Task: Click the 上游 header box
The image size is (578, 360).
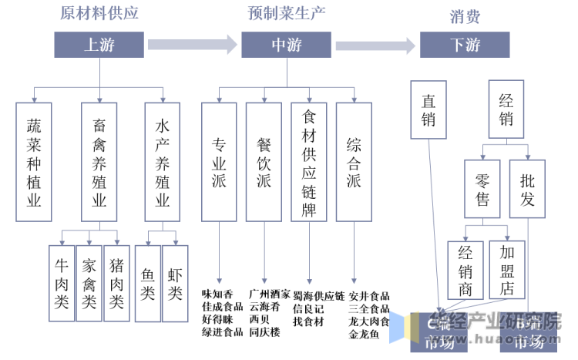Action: click(99, 45)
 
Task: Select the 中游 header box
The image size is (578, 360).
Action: click(287, 45)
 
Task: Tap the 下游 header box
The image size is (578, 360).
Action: click(465, 45)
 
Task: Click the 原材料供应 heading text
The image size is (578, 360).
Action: click(99, 14)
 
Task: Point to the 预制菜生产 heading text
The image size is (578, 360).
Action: click(287, 14)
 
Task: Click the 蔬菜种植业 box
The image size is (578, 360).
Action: click(35, 163)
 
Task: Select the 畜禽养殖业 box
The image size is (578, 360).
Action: click(99, 163)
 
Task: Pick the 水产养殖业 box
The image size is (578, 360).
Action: click(163, 163)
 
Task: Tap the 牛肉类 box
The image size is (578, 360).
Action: click(62, 283)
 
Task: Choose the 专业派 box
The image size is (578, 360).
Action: click(220, 163)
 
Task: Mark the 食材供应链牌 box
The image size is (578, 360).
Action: click(309, 163)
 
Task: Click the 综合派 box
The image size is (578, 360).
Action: click(354, 163)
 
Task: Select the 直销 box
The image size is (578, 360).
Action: click(428, 109)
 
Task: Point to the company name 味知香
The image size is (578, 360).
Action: click(217, 294)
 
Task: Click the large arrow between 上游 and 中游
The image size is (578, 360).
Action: click(192, 45)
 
